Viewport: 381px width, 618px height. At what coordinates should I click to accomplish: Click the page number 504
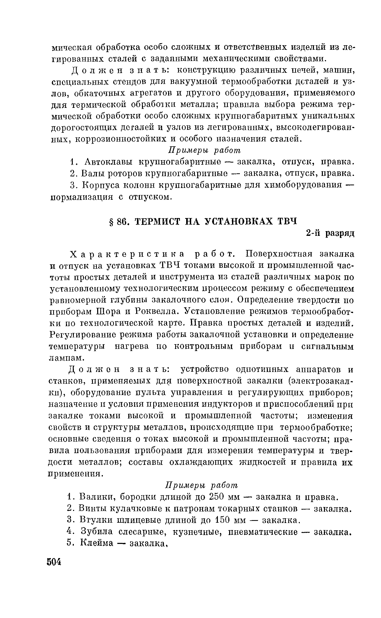point(54,562)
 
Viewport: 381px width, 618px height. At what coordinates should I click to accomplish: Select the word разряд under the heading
point(340,233)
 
